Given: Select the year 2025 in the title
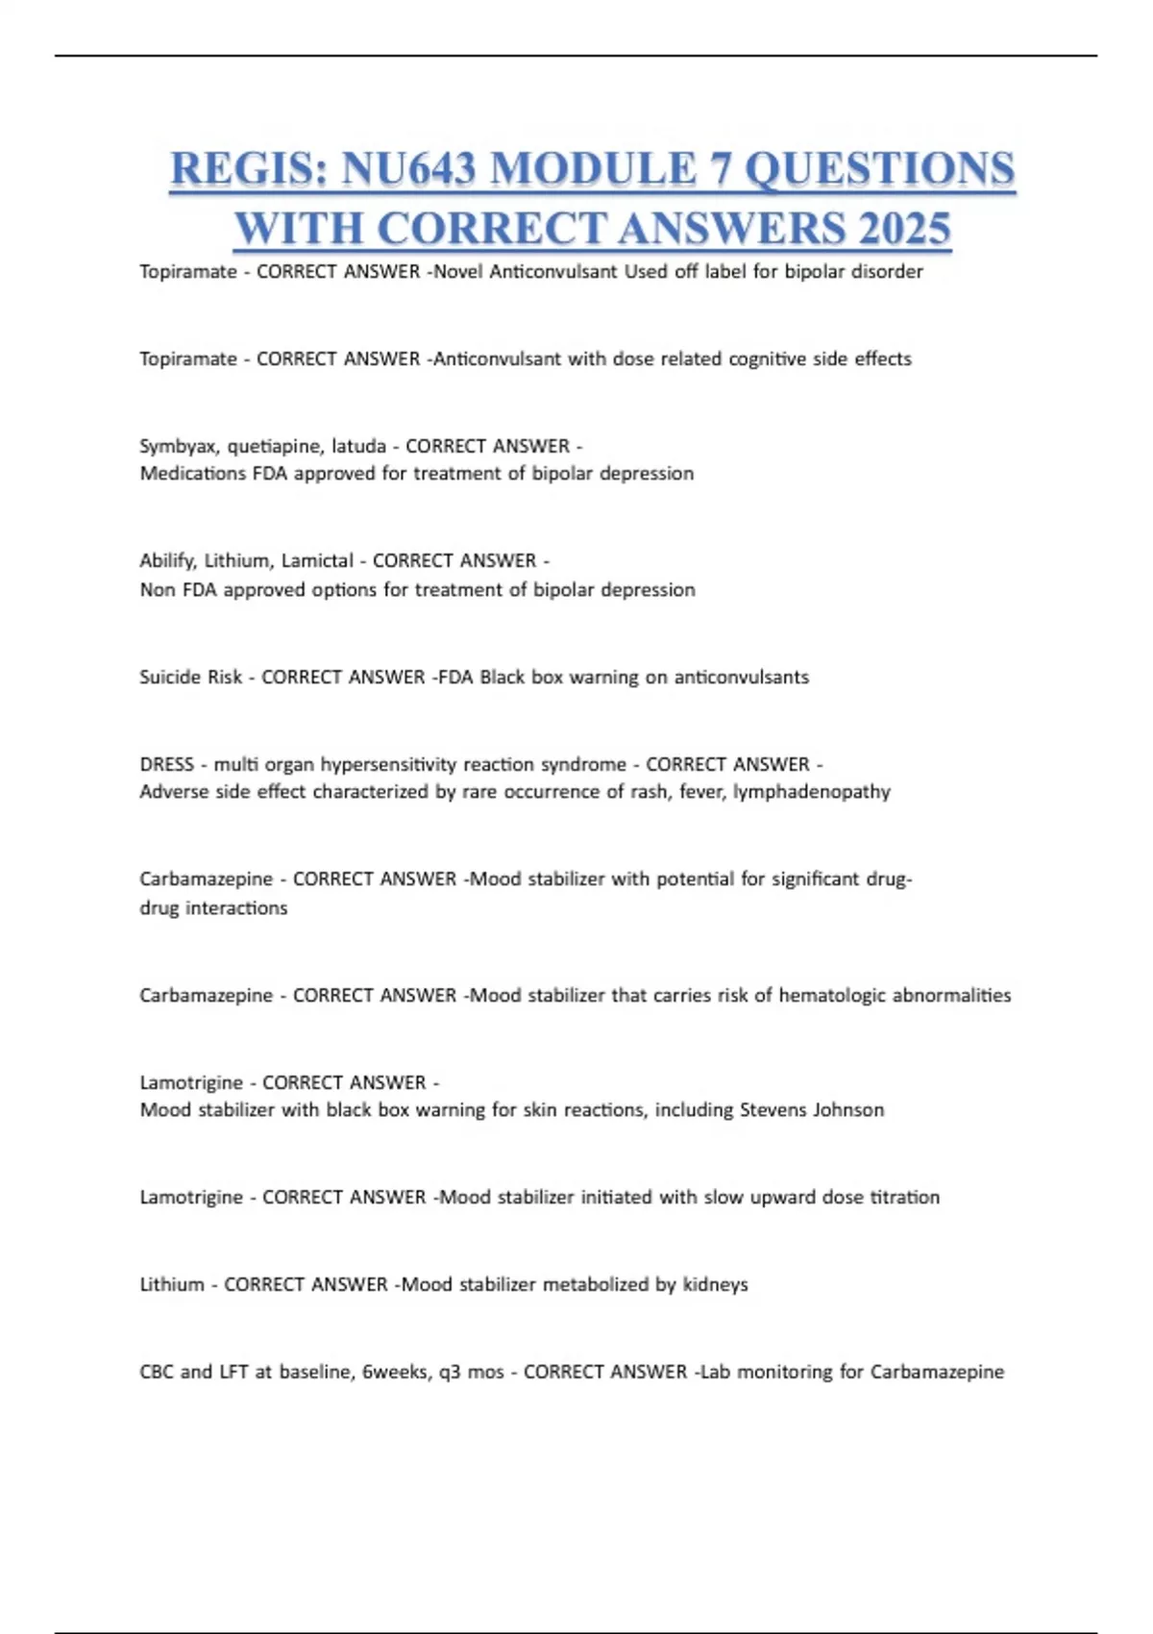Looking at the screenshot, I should [x=903, y=229].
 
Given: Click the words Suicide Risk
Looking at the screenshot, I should [x=190, y=677].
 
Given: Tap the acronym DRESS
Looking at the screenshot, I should [x=166, y=764].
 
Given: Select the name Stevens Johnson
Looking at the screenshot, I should [x=811, y=1109].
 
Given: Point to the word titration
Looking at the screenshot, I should [x=904, y=1197].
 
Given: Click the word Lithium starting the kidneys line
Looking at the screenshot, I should [x=171, y=1284].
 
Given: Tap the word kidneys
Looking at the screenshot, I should [x=715, y=1284].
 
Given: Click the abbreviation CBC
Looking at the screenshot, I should [x=157, y=1372].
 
